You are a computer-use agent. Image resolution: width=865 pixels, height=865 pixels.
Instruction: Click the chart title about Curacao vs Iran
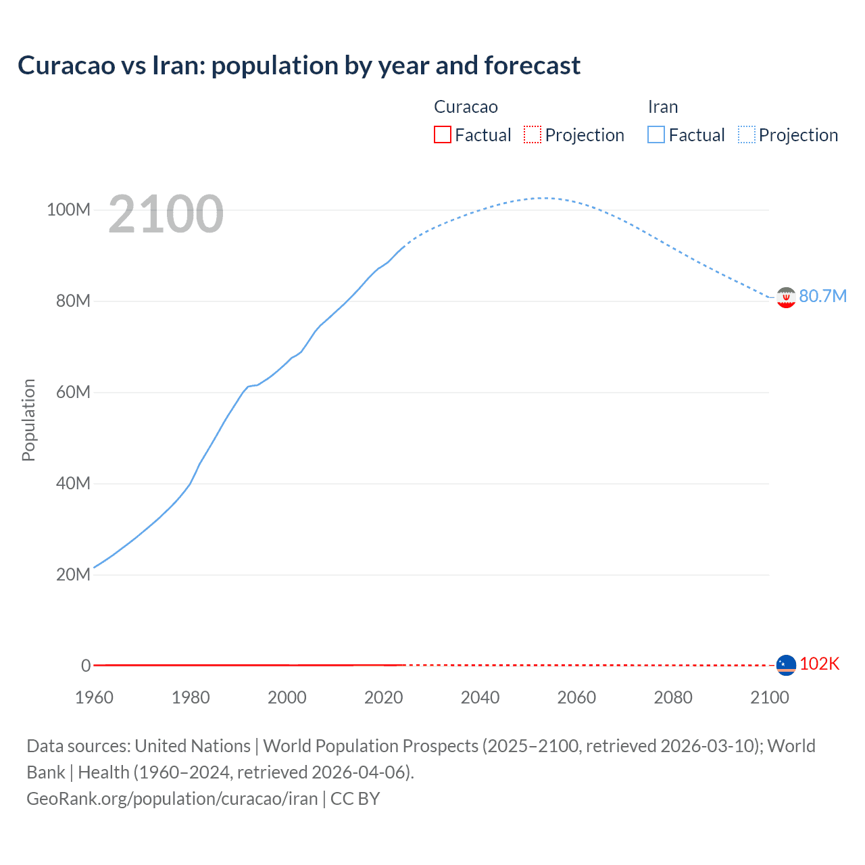coord(299,66)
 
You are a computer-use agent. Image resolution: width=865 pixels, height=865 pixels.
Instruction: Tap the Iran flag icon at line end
coord(786,297)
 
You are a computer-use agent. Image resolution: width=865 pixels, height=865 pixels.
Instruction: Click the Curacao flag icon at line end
coord(786,665)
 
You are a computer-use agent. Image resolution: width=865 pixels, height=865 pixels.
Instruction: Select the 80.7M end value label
coord(822,297)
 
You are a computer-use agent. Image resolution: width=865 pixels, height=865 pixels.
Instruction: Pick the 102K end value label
coord(819,664)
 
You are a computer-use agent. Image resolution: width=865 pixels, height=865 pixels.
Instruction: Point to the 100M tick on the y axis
coord(68,210)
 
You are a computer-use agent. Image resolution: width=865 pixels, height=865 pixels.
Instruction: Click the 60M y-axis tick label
coord(72,393)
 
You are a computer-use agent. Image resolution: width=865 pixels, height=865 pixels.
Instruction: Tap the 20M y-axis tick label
coord(72,575)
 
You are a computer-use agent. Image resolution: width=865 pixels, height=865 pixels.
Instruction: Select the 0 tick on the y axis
coord(86,666)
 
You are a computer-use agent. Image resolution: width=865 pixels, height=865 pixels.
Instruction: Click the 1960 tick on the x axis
coord(94,697)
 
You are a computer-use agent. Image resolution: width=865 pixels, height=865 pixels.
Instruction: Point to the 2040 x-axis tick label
coord(480,697)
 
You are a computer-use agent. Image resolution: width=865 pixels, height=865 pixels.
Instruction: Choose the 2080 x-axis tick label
coord(673,697)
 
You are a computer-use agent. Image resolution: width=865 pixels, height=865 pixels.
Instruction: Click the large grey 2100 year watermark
coord(166,214)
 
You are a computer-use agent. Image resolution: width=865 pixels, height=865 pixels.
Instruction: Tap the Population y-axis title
coord(28,420)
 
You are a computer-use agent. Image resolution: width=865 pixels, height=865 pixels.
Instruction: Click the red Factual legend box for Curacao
coord(443,135)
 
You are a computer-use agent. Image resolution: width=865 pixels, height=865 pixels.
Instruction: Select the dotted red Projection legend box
coord(533,135)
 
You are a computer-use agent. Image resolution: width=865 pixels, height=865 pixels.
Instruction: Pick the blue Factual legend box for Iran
coord(656,135)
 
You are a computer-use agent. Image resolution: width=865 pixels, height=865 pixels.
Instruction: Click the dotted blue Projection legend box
coord(746,135)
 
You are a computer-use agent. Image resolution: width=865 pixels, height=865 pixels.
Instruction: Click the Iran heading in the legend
coord(662,107)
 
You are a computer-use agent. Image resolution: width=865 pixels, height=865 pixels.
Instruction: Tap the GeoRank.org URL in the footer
coord(172,799)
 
